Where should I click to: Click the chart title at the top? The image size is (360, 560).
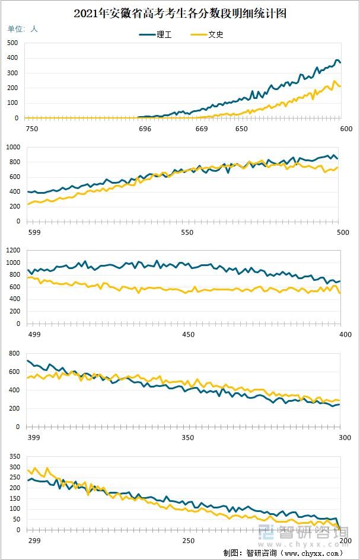[180, 14]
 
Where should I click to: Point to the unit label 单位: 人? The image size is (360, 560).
[23, 28]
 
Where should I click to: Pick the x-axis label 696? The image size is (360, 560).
[145, 129]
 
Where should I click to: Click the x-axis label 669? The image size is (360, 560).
[202, 129]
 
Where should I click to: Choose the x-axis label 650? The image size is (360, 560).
[241, 129]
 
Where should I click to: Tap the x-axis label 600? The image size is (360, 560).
[346, 129]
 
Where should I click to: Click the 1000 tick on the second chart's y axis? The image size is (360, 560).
[13, 147]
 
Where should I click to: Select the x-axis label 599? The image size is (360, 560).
[33, 232]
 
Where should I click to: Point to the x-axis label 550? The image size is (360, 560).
[187, 232]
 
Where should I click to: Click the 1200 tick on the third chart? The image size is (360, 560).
[13, 250]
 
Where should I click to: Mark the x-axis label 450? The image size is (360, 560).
[188, 335]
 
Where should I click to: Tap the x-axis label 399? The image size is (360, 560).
[34, 437]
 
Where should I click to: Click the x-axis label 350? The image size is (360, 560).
[187, 437]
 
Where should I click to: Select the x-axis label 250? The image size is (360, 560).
[188, 540]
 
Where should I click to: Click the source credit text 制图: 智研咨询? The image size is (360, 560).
[282, 553]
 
